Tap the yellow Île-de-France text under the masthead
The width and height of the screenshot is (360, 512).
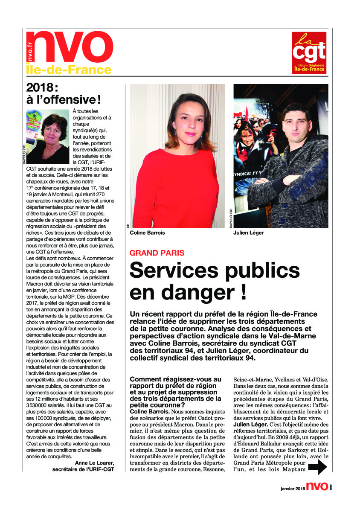(69, 70)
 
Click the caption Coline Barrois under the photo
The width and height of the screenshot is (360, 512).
(148, 233)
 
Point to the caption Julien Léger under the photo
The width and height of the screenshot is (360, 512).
(249, 233)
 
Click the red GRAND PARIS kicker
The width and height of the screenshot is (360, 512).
(157, 253)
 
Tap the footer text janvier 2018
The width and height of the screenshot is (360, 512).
(293, 489)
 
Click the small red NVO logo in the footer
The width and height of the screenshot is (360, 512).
(317, 487)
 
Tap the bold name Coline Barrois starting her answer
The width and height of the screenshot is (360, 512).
(149, 411)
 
